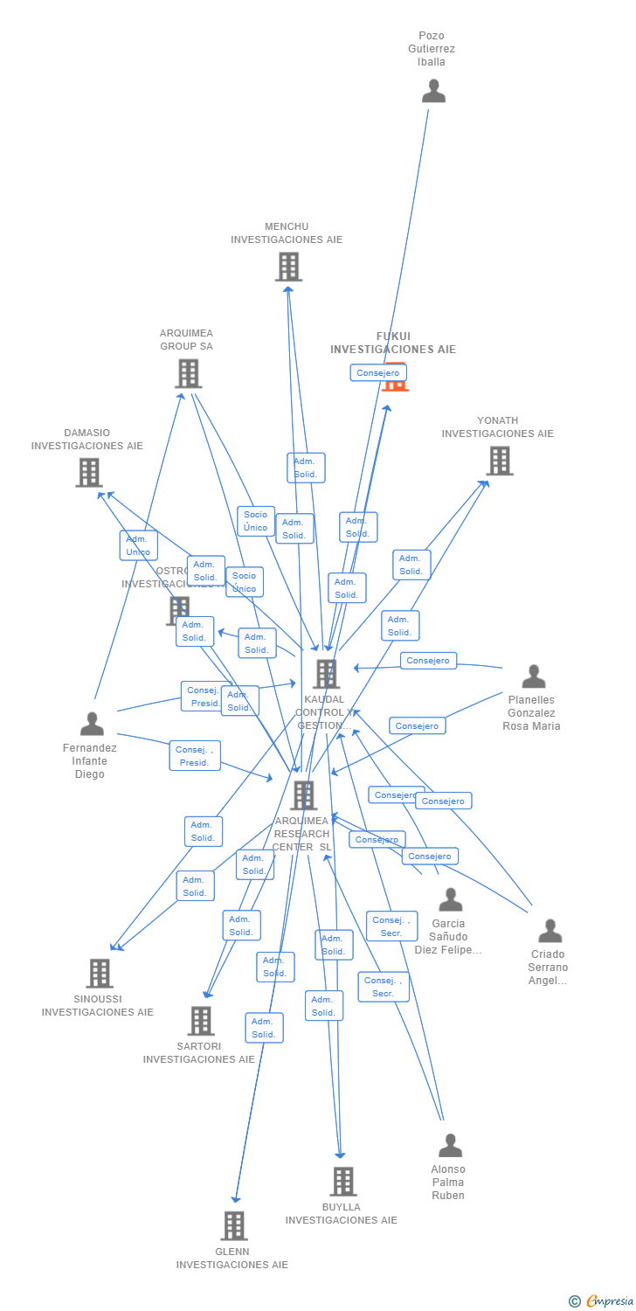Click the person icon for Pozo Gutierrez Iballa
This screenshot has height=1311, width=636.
433,92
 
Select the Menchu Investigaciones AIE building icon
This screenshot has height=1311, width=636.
288,267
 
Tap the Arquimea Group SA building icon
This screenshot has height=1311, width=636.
188,373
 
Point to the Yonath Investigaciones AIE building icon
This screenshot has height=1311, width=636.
499,461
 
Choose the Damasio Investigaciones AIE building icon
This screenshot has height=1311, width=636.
89,472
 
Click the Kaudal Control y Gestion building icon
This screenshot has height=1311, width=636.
326,674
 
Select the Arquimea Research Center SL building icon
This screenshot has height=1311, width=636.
304,795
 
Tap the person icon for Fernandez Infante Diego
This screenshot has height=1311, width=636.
92,724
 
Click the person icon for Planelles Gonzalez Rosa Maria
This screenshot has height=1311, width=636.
533,676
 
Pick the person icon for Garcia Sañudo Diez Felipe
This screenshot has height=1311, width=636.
450,899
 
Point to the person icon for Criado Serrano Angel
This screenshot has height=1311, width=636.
550,931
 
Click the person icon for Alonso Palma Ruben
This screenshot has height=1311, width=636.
450,1145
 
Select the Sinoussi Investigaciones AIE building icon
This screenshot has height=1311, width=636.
100,973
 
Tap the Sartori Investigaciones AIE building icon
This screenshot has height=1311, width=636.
201,1020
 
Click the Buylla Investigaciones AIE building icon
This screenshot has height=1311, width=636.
342,1182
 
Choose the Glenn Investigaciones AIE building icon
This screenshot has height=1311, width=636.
233,1225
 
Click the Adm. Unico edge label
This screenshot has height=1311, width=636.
138,545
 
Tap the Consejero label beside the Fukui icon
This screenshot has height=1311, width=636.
378,372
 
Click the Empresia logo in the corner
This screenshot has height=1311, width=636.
602,1301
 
